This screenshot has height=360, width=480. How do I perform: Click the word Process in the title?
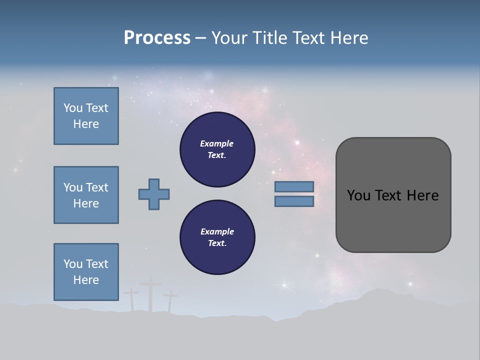[x=157, y=38]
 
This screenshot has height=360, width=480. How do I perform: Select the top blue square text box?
[x=86, y=116]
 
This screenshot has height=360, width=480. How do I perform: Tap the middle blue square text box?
[x=86, y=195]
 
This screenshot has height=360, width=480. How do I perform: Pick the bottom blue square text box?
[x=86, y=272]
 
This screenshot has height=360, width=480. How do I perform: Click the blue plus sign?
[x=154, y=194]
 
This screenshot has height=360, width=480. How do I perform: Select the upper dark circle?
[x=217, y=149]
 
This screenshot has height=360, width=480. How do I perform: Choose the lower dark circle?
[x=217, y=237]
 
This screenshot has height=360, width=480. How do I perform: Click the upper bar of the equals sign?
[x=294, y=186]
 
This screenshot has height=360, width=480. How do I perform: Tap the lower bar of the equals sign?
[x=294, y=201]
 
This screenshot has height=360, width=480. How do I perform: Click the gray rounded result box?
[x=393, y=195]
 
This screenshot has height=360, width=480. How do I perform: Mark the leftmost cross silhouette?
[x=131, y=298]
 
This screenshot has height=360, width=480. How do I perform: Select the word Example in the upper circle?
[x=217, y=143]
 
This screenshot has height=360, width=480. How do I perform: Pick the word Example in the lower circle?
[x=217, y=231]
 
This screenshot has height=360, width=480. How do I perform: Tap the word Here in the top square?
[x=86, y=124]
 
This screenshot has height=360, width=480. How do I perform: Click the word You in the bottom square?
[x=73, y=264]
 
